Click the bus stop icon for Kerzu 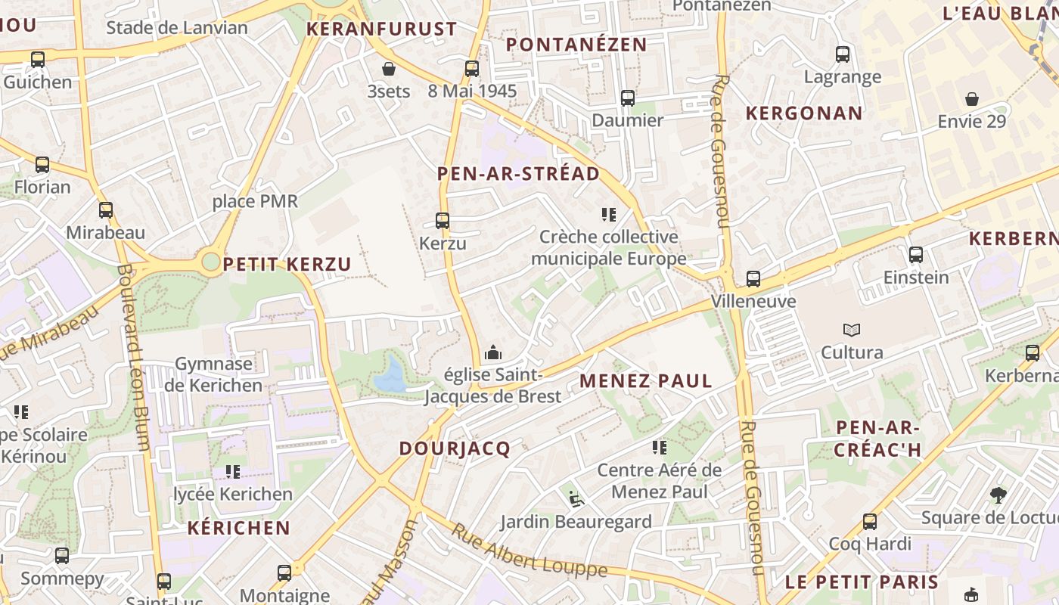443,221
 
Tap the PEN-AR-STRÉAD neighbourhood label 518,174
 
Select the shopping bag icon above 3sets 389,69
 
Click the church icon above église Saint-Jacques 492,352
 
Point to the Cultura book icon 852,330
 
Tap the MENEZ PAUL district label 646,380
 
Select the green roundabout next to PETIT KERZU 210,262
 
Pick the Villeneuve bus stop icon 753,278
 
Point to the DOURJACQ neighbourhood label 455,448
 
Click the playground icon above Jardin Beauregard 576,498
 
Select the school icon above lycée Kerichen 233,472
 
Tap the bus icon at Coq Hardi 870,521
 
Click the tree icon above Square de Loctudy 998,495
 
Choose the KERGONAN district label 804,113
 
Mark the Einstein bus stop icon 916,254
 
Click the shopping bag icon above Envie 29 972,99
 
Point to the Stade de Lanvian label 177,28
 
